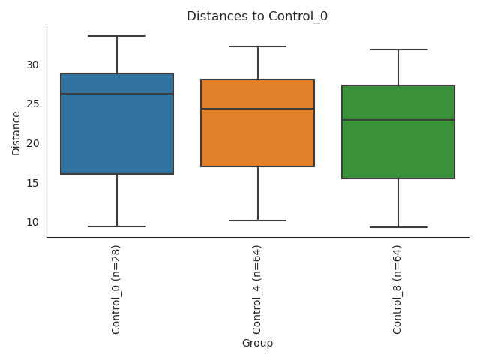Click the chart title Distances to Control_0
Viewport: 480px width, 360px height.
click(257, 16)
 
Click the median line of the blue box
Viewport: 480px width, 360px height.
click(117, 94)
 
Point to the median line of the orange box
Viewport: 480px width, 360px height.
click(257, 109)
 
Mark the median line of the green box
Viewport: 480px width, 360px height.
click(398, 120)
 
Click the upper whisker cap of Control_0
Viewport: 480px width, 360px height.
click(117, 36)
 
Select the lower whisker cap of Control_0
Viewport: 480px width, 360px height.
click(117, 226)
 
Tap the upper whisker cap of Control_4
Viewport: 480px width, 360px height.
click(257, 46)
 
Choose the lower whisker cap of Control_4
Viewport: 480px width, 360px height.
click(257, 220)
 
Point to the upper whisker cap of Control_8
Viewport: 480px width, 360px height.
click(398, 49)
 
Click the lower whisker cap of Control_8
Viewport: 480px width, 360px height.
click(398, 227)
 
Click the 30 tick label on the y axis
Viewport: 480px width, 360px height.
click(31, 64)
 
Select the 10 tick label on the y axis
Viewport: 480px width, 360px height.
click(31, 222)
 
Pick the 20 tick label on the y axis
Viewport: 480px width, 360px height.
click(31, 143)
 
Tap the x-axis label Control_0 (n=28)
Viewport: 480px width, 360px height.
click(116, 289)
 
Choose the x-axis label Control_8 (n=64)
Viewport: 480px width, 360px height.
click(397, 289)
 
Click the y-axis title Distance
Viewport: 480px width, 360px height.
click(16, 133)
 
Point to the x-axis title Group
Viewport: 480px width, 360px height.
click(257, 343)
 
